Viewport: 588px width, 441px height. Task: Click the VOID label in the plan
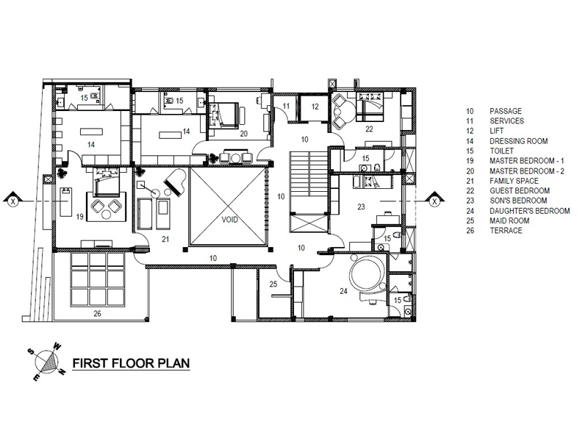click(x=229, y=219)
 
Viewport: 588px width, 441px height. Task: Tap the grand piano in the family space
click(x=175, y=182)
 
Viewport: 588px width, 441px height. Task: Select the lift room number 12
click(x=315, y=107)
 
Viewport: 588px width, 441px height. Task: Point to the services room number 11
click(x=286, y=106)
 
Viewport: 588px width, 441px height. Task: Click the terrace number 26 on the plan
click(x=97, y=314)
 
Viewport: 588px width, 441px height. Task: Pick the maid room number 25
click(x=273, y=284)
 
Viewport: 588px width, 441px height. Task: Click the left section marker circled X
click(x=13, y=201)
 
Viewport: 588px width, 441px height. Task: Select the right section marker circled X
click(x=434, y=201)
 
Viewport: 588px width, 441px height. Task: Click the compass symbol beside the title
click(x=47, y=362)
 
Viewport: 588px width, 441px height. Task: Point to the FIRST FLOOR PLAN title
click(x=131, y=363)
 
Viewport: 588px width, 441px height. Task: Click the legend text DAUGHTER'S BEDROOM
click(x=529, y=211)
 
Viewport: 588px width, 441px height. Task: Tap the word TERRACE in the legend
click(x=506, y=231)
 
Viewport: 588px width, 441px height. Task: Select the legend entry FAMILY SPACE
click(x=514, y=181)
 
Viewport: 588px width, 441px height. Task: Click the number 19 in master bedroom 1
click(x=79, y=216)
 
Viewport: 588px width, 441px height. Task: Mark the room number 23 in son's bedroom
click(x=361, y=207)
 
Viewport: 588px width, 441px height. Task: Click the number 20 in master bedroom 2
click(x=244, y=133)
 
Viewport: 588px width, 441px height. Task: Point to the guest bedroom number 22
click(x=369, y=129)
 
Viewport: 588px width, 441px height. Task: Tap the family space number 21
click(x=165, y=239)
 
